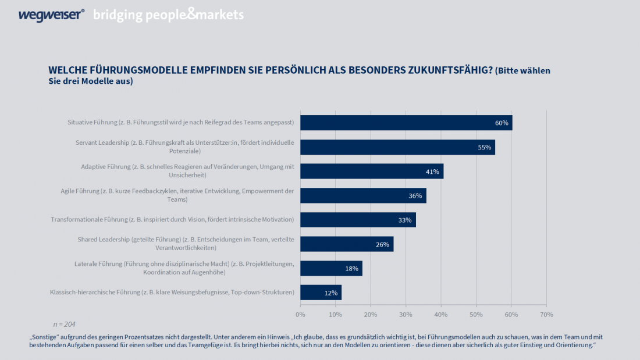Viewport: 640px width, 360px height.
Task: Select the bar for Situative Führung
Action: (406, 123)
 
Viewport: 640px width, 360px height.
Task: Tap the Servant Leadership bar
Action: (397, 147)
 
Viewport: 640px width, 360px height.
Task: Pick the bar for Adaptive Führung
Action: (371, 171)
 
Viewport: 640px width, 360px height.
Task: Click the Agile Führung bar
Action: (363, 195)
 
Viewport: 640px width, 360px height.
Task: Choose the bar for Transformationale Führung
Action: (358, 220)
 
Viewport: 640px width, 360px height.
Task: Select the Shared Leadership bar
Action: (347, 244)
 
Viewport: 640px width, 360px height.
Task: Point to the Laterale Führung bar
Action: (331, 268)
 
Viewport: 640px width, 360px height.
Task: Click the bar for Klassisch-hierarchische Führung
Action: (321, 293)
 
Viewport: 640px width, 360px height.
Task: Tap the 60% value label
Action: (502, 123)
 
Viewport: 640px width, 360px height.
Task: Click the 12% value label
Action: (331, 293)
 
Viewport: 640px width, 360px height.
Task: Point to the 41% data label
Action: (432, 172)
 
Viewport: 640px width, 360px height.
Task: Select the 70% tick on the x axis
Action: (546, 315)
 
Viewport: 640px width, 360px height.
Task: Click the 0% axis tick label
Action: (300, 315)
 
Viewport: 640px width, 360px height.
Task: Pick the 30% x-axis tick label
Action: (406, 315)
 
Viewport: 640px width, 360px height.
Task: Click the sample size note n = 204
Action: (64, 324)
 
